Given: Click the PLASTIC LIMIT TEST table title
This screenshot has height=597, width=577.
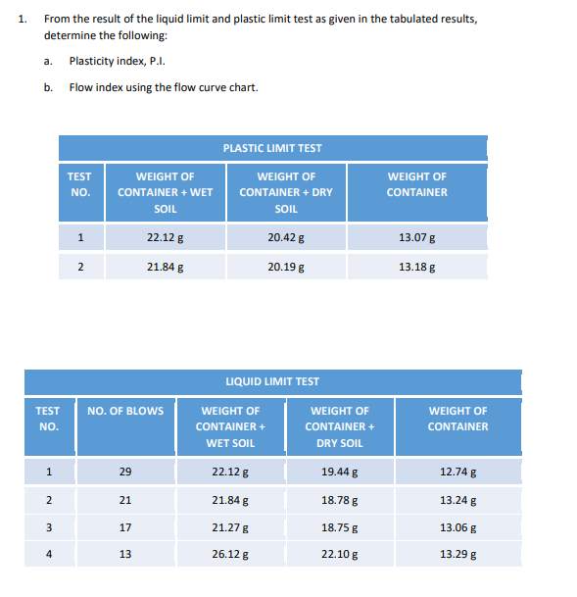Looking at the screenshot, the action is (x=272, y=148).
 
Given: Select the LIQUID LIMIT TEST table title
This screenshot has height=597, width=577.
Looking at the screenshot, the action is (x=272, y=381).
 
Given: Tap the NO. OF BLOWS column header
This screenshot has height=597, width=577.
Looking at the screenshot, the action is (x=125, y=411).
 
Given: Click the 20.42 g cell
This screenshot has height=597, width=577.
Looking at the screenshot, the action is (x=285, y=236).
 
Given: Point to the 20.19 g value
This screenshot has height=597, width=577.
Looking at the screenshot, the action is (x=285, y=265).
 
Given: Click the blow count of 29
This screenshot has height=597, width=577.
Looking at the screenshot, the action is (x=124, y=473).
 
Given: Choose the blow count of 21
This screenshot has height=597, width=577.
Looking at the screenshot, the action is (x=124, y=501).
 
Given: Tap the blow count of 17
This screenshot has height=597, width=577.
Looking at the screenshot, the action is (x=124, y=527).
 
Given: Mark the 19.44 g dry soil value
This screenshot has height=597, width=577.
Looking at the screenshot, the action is (x=340, y=473).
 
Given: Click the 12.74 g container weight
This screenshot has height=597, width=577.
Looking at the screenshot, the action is (x=458, y=473).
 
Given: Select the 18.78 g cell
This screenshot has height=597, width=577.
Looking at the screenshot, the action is (x=340, y=501).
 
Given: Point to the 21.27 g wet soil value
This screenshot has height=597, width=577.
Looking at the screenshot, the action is (x=230, y=527).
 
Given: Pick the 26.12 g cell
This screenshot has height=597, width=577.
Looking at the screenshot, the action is (x=230, y=554).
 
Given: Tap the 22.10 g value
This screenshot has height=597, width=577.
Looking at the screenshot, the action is (x=340, y=554).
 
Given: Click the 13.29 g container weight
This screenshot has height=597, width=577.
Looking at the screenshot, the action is (x=458, y=554).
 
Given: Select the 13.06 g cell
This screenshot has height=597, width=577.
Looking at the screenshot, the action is (x=458, y=527).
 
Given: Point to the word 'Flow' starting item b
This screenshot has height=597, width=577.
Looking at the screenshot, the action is (x=78, y=87).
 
